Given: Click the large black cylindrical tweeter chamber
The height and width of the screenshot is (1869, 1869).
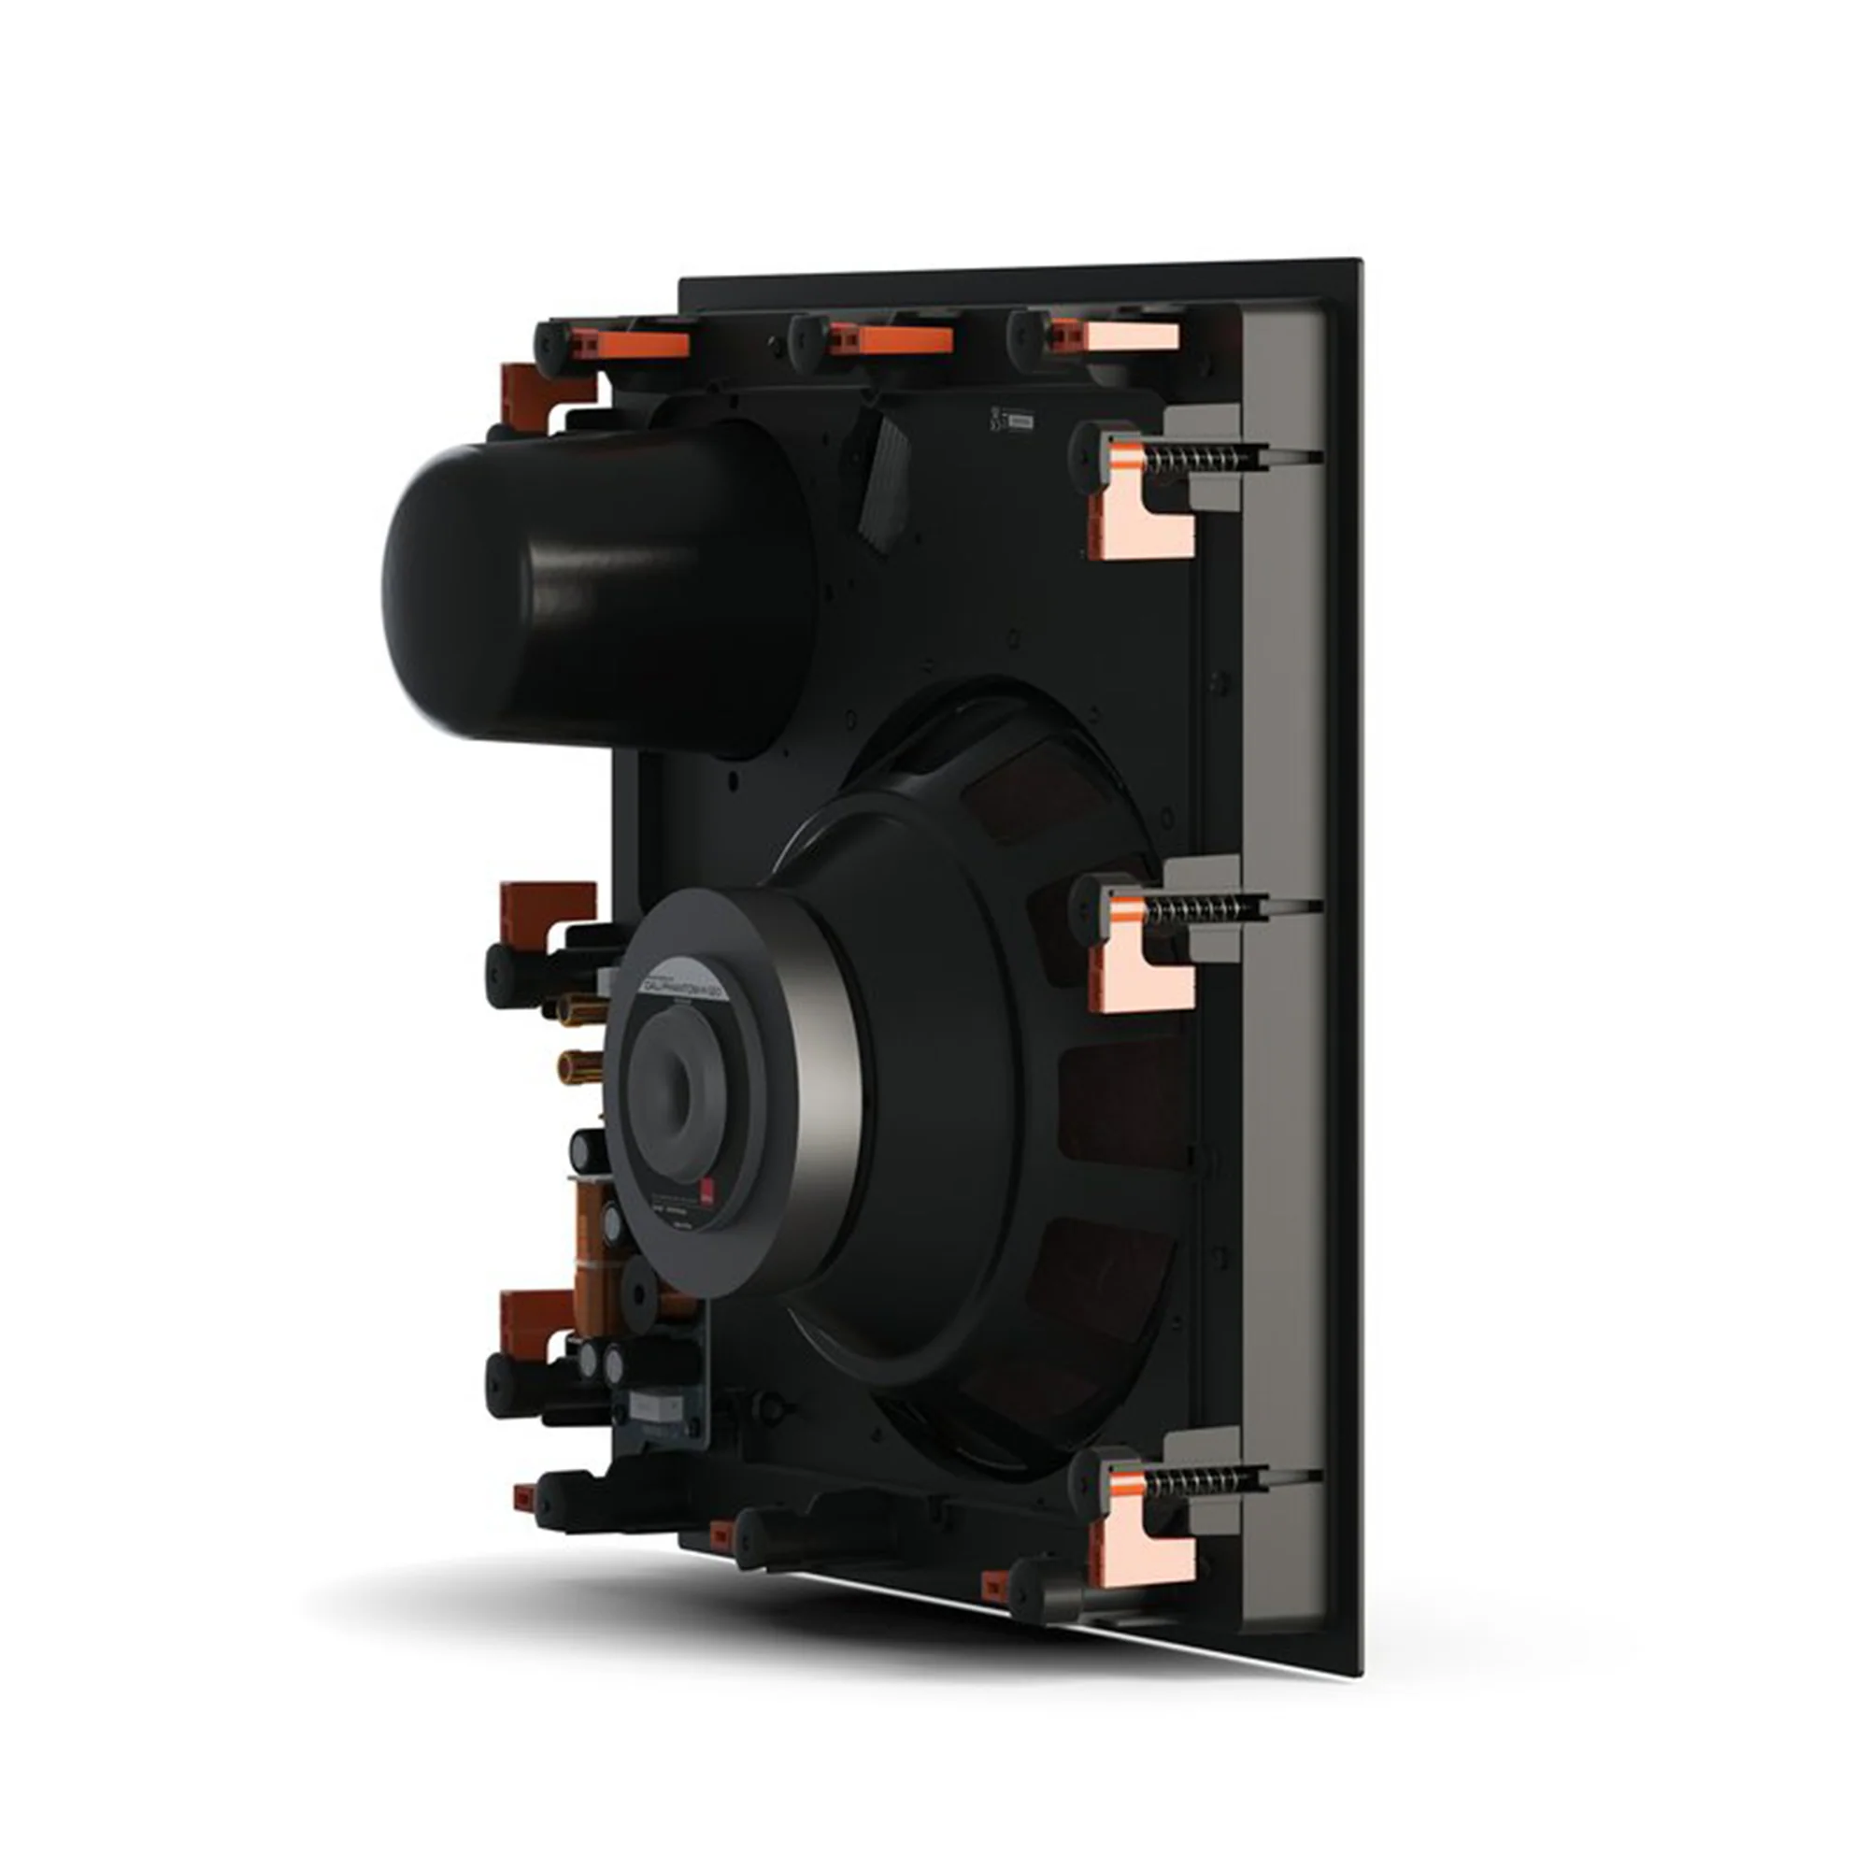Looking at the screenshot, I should pos(580,590).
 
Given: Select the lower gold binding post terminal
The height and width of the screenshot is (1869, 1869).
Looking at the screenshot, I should pos(578,1068).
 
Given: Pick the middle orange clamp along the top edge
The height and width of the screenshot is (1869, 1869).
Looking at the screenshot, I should pos(904,340).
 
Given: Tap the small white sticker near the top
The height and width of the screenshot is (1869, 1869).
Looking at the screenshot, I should pos(1020,421).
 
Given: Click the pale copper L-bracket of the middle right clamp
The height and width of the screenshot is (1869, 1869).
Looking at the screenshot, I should pos(1142,977).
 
